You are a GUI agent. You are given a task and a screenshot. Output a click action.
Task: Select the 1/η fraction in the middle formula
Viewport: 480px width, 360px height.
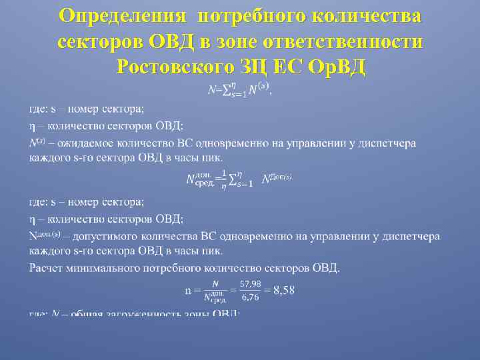pos(224,179)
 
